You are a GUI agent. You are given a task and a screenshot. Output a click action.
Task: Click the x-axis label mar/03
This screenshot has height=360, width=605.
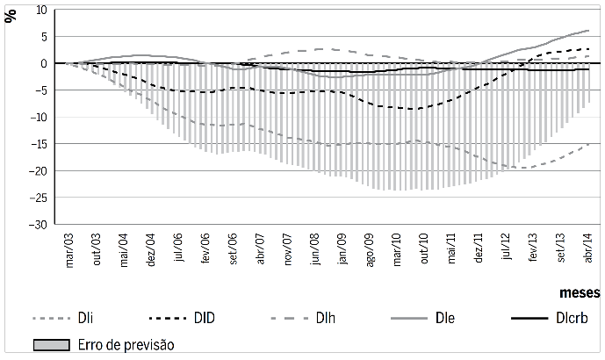click(x=70, y=248)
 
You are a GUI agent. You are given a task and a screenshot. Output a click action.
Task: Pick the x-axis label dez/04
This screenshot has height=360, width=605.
click(x=150, y=248)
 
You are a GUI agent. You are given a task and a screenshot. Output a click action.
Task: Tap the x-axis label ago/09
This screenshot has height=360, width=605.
click(x=369, y=248)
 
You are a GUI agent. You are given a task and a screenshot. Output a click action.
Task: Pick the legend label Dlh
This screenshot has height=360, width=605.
click(x=327, y=319)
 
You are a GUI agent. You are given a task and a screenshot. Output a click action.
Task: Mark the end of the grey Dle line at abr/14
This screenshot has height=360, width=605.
click(x=588, y=30)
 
